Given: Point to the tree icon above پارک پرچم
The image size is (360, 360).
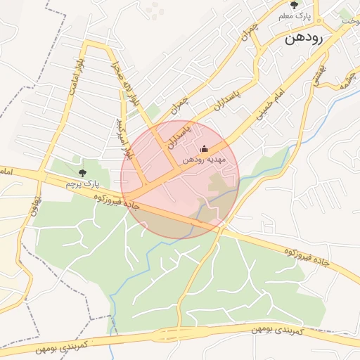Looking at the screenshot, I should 83,172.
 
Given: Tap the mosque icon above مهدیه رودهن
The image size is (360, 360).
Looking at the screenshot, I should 205,148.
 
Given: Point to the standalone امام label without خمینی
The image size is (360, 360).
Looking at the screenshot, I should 6,171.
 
